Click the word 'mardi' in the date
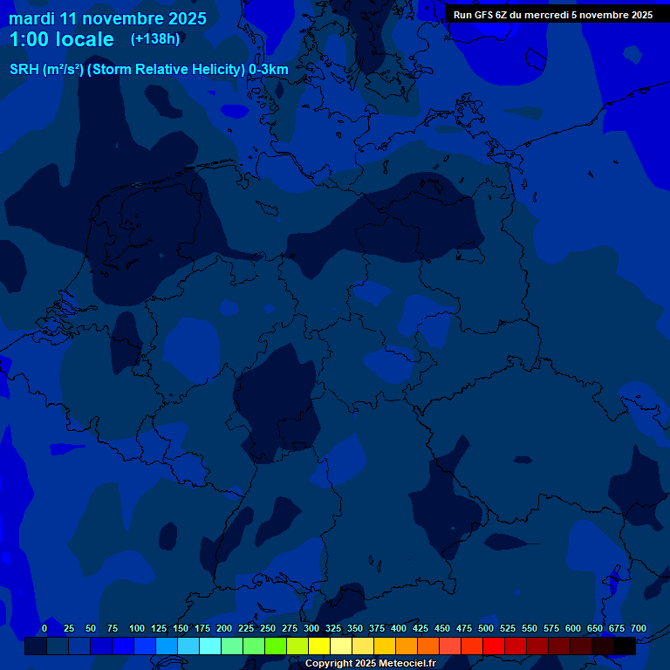point(31,18)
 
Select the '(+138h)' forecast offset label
point(155,39)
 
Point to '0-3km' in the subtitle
point(269,70)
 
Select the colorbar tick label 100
point(137,628)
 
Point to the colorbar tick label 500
point(486,628)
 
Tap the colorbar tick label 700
point(639,628)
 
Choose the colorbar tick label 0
point(44,628)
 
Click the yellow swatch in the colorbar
point(319,646)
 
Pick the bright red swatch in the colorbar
point(494,646)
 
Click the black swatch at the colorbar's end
point(625,646)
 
